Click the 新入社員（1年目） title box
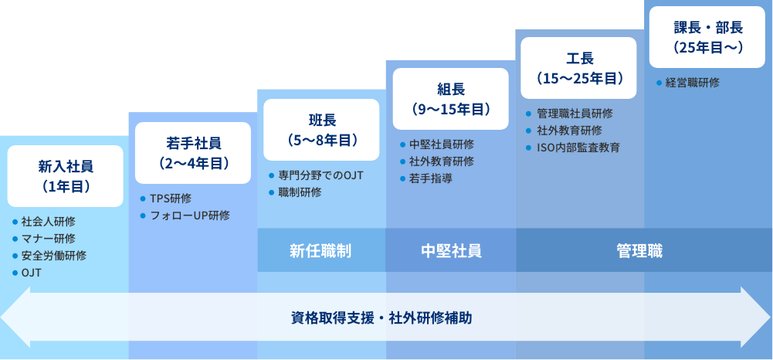pyautogui.click(x=65, y=175)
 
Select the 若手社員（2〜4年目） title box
pyautogui.click(x=193, y=152)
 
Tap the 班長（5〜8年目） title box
pyautogui.click(x=322, y=129)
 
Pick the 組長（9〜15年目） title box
pyautogui.click(x=451, y=98)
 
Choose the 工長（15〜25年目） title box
pyautogui.click(x=579, y=67)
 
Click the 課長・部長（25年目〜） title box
pyautogui.click(x=708, y=37)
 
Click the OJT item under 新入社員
pyautogui.click(x=32, y=273)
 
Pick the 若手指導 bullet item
pyautogui.click(x=431, y=178)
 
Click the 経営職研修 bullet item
pyautogui.click(x=692, y=83)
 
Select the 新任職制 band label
pyautogui.click(x=321, y=250)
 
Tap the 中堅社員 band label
pyautogui.click(x=451, y=250)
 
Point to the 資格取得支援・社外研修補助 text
pyautogui.click(x=381, y=317)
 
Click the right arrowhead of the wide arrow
pyautogui.click(x=757, y=317)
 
